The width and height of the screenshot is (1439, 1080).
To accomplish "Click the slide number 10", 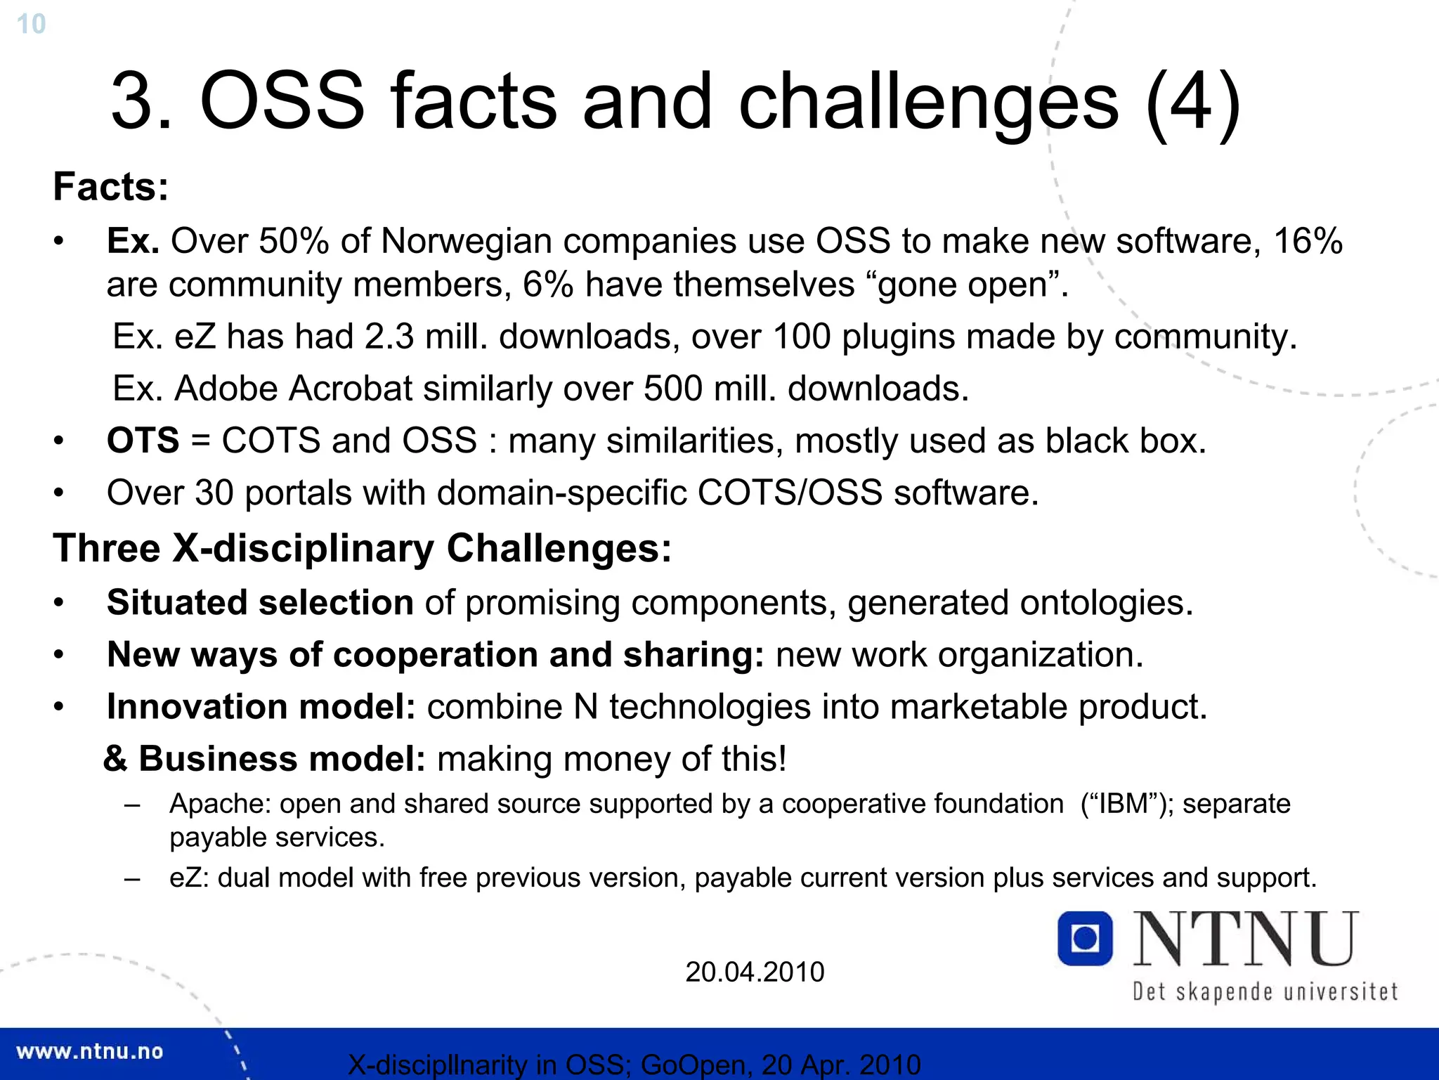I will pyautogui.click(x=31, y=24).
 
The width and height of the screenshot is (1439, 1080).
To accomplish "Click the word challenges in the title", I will pyautogui.click(x=927, y=102).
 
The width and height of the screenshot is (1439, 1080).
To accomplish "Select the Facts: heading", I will pyautogui.click(x=111, y=187).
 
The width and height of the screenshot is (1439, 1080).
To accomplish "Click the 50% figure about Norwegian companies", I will pyautogui.click(x=294, y=241).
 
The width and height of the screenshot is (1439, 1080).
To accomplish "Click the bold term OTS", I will pyautogui.click(x=143, y=441).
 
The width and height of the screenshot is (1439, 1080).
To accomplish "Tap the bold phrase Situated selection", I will pyautogui.click(x=260, y=603).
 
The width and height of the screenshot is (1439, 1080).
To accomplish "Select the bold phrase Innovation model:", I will pyautogui.click(x=261, y=707).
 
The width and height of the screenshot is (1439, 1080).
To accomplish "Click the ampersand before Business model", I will pyautogui.click(x=116, y=759).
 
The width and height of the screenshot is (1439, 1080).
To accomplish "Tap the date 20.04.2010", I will pyautogui.click(x=755, y=972).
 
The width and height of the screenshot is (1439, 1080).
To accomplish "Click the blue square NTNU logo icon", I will pyautogui.click(x=1085, y=939).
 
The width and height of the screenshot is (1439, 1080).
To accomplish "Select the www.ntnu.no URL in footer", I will pyautogui.click(x=89, y=1052).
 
